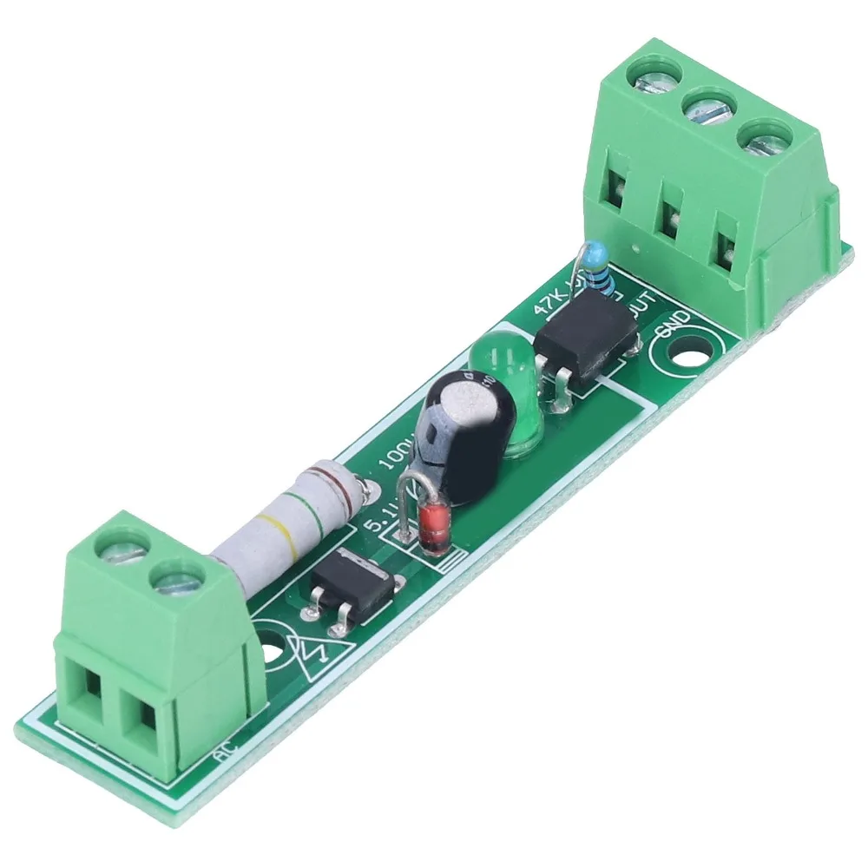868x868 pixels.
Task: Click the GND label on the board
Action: click(676, 327)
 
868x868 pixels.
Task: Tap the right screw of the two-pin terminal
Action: click(178, 579)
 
